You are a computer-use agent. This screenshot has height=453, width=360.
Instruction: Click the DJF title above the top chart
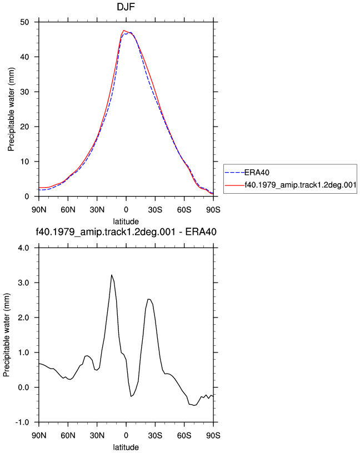click(x=126, y=7)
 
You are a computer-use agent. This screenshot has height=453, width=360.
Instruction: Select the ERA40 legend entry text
click(x=257, y=173)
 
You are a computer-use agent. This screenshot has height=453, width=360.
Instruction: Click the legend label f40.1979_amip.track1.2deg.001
click(x=301, y=185)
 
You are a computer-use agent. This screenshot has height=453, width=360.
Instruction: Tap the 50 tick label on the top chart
click(x=24, y=22)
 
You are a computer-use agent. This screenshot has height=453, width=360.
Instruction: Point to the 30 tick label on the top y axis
click(x=24, y=92)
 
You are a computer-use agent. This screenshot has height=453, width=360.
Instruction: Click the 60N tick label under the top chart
click(x=68, y=209)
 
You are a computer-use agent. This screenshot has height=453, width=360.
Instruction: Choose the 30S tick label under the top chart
click(x=155, y=209)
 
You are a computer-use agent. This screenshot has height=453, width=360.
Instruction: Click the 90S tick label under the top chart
click(x=213, y=209)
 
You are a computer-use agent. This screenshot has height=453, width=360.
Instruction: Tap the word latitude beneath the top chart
click(x=126, y=222)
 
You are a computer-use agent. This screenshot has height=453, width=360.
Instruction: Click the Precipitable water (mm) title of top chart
click(x=11, y=109)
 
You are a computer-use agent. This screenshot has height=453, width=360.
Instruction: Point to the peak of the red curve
click(x=124, y=30)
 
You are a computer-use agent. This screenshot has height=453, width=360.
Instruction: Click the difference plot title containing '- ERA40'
click(x=126, y=231)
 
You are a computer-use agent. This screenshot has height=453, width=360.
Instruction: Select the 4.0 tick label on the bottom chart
click(x=24, y=248)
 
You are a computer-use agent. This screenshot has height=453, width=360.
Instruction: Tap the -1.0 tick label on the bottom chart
click(x=22, y=422)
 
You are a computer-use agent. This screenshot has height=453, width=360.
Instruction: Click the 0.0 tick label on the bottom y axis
click(x=24, y=387)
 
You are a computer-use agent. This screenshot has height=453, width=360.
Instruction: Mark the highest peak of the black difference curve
click(x=112, y=275)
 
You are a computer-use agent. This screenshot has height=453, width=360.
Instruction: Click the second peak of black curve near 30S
click(x=149, y=299)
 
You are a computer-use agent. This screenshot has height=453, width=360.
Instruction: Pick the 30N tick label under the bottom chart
click(x=97, y=435)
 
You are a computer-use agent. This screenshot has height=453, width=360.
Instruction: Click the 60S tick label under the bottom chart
click(x=184, y=435)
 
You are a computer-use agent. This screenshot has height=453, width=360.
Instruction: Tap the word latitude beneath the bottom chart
click(x=126, y=447)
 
